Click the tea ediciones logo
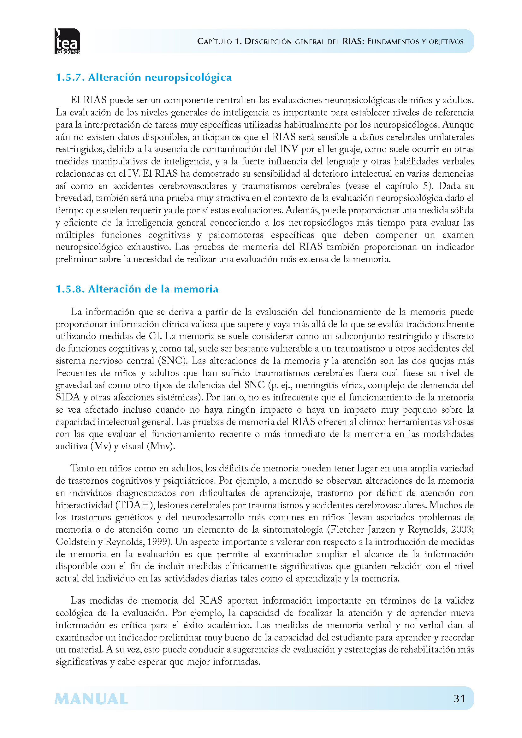point(67,41)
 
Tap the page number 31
point(459,699)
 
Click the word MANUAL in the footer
point(91,699)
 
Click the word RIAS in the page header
point(352,41)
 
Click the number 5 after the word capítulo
point(425,186)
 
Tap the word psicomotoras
point(236,235)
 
